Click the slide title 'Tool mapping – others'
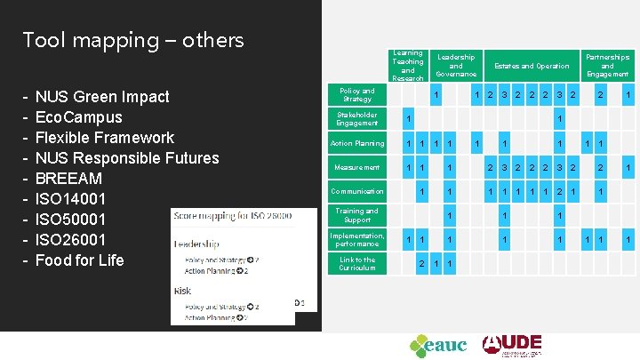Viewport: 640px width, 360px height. pyautogui.click(x=133, y=40)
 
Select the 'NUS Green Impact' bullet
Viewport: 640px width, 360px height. pyautogui.click(x=102, y=96)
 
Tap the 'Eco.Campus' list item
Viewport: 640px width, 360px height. pyautogui.click(x=78, y=116)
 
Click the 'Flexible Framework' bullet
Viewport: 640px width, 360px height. pyautogui.click(x=104, y=137)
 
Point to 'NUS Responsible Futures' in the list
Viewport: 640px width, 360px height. pyautogui.click(x=126, y=157)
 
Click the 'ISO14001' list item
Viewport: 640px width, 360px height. pyautogui.click(x=70, y=198)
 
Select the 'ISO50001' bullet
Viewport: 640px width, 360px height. pyautogui.click(x=70, y=219)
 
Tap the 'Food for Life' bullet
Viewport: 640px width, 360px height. pyautogui.click(x=79, y=260)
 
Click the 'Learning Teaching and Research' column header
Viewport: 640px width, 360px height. pyautogui.click(x=408, y=66)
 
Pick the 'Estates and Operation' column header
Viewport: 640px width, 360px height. pyautogui.click(x=532, y=66)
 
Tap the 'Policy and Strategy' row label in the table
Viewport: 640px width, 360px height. pyautogui.click(x=357, y=94)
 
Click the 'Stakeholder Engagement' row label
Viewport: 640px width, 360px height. pyautogui.click(x=357, y=119)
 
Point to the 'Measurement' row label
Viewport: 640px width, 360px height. pyautogui.click(x=357, y=167)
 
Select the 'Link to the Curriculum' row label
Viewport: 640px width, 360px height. pyautogui.click(x=357, y=263)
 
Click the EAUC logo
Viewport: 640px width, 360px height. pyautogui.click(x=437, y=345)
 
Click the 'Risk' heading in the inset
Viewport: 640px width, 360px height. pyautogui.click(x=184, y=290)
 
